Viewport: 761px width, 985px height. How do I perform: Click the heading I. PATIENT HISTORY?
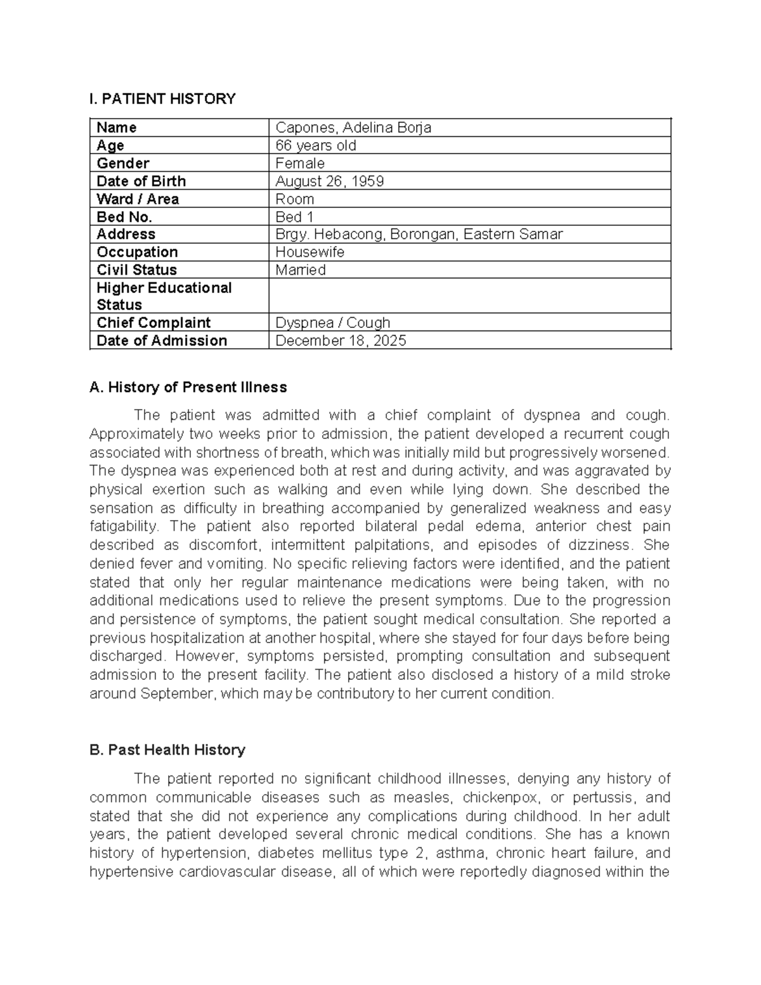(162, 99)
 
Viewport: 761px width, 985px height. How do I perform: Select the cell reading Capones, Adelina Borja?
(353, 127)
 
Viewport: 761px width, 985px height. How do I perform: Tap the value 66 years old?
(316, 145)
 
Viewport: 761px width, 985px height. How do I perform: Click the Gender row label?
(123, 163)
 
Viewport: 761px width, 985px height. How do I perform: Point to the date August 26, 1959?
(330, 181)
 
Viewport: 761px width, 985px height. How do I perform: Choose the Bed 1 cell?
(295, 217)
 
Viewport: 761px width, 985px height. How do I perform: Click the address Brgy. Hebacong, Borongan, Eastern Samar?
(419, 234)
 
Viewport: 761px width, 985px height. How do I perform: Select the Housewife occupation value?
(310, 252)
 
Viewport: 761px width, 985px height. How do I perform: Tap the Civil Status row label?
(136, 270)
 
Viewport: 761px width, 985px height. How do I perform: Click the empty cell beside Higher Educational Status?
(469, 296)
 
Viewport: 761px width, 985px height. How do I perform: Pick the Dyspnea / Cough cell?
(332, 322)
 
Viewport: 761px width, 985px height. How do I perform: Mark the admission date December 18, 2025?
(341, 341)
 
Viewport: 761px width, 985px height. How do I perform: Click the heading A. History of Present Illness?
(188, 387)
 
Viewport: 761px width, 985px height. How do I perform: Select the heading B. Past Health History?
(167, 750)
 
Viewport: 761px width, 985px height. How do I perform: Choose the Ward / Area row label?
(138, 199)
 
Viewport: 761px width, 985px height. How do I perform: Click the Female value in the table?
(300, 163)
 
